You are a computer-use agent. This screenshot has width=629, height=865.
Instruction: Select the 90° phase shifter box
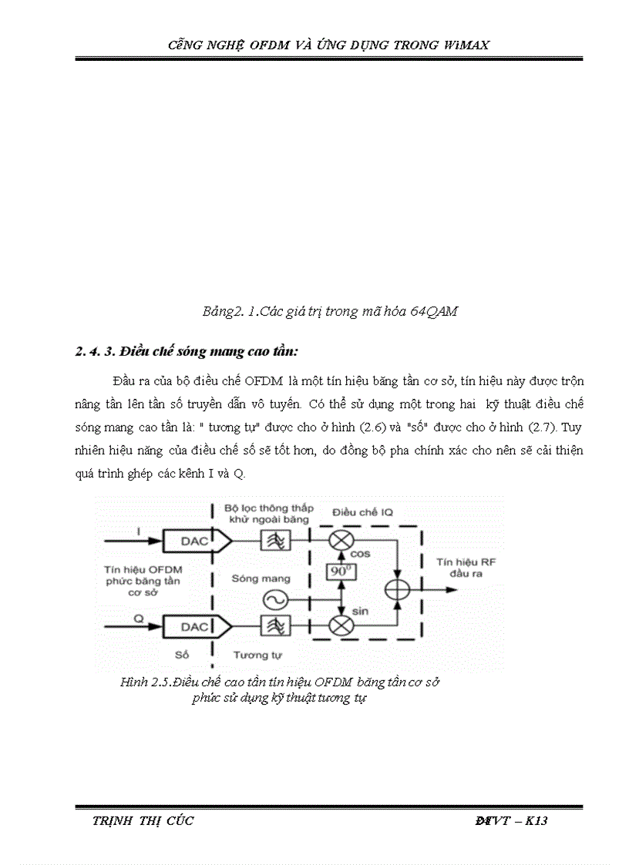click(337, 572)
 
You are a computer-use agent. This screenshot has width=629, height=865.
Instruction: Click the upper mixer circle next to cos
click(338, 541)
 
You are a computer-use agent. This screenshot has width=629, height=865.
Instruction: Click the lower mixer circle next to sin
click(338, 625)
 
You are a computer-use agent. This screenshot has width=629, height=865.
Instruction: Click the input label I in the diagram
click(139, 531)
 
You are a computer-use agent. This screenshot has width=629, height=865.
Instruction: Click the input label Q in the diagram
click(139, 615)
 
